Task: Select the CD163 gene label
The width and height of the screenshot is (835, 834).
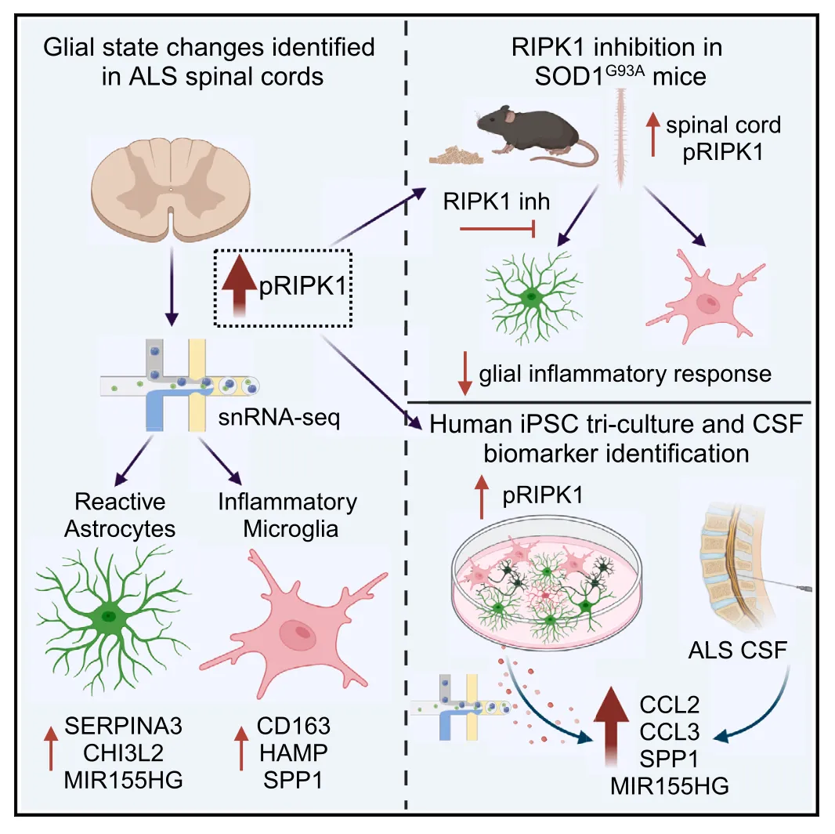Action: coord(295,727)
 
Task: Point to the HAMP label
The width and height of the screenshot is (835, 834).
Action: coord(295,753)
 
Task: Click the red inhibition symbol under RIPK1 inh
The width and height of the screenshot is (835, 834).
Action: coord(497,230)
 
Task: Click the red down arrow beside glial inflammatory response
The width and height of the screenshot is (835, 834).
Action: coord(464,374)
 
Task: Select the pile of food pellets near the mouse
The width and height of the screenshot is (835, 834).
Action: coord(453,153)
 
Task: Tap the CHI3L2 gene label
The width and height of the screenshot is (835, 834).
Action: coord(127,753)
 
